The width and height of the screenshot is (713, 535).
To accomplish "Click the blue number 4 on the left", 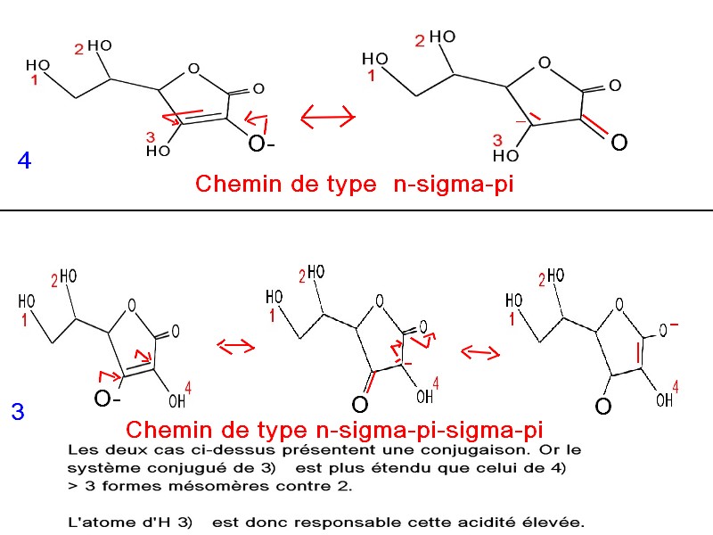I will click(24, 161).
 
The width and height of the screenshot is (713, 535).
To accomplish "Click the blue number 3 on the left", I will click(18, 413).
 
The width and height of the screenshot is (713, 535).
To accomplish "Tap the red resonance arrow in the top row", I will click(327, 116).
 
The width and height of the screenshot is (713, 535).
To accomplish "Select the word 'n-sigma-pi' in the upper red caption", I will click(454, 185).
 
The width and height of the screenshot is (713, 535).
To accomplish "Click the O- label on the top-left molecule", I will click(261, 145).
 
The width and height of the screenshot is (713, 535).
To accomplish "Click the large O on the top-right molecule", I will click(619, 143).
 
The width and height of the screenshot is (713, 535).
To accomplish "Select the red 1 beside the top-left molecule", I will click(34, 81).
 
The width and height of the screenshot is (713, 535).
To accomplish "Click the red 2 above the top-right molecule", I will click(420, 40).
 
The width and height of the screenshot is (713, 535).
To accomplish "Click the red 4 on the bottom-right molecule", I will click(676, 386).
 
